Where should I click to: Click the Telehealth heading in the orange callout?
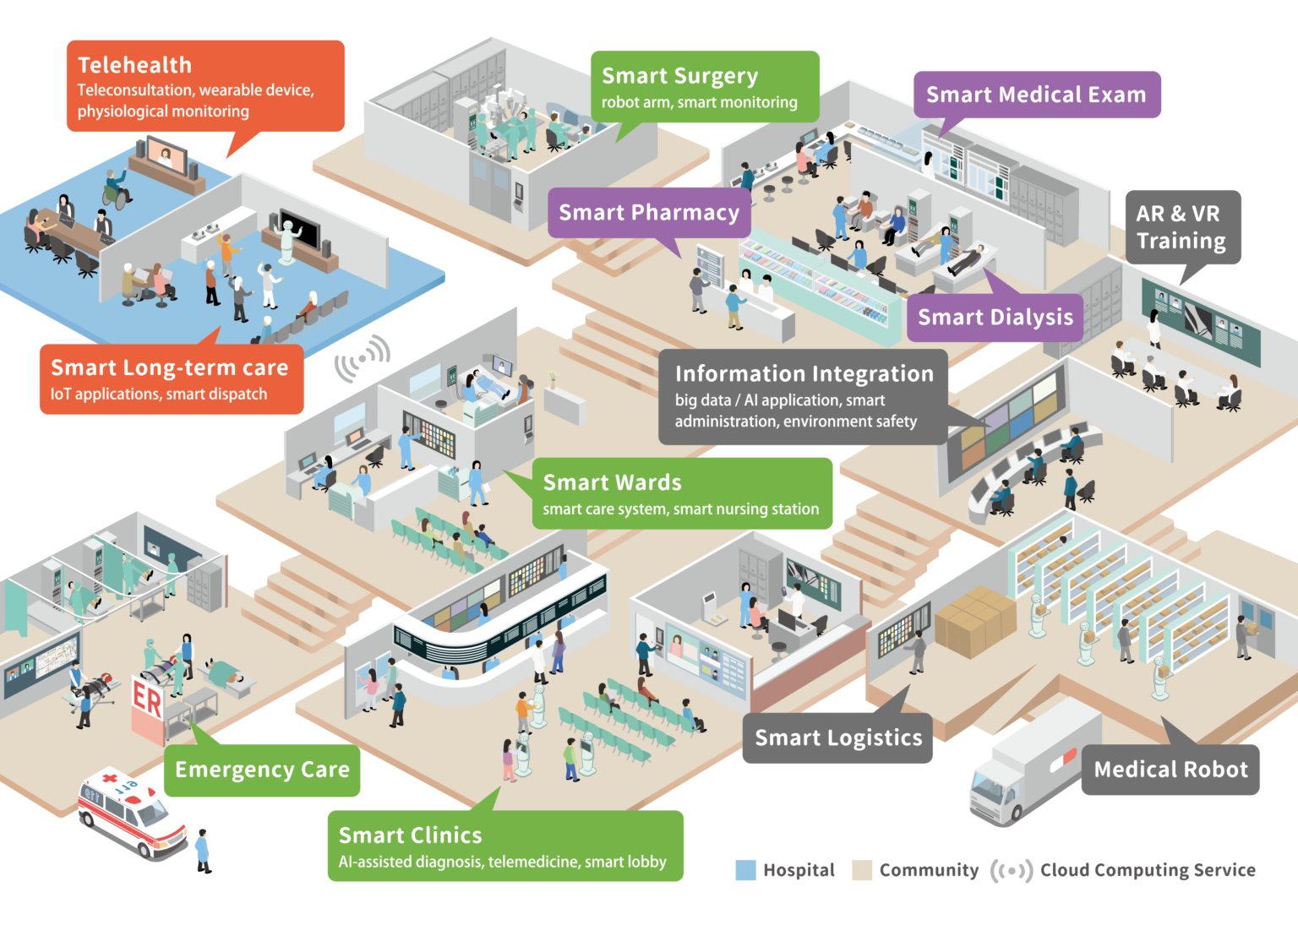134,65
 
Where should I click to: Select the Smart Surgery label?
679,76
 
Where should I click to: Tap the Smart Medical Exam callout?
1036,95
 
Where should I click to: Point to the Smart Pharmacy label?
649,212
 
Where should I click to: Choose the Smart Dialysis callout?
995,318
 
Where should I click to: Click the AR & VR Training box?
1181,227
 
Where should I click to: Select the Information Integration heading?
804,373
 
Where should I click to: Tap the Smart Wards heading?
612,482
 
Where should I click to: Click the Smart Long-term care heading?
169,367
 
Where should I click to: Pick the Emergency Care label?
262,770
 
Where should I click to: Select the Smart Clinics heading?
410,835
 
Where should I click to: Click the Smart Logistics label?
838,738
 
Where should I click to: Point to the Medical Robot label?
1170,770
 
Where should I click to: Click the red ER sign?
147,701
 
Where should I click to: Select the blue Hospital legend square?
746,870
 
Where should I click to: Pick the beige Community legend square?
861,870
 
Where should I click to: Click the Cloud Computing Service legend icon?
1011,870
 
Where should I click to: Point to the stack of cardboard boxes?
974,620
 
